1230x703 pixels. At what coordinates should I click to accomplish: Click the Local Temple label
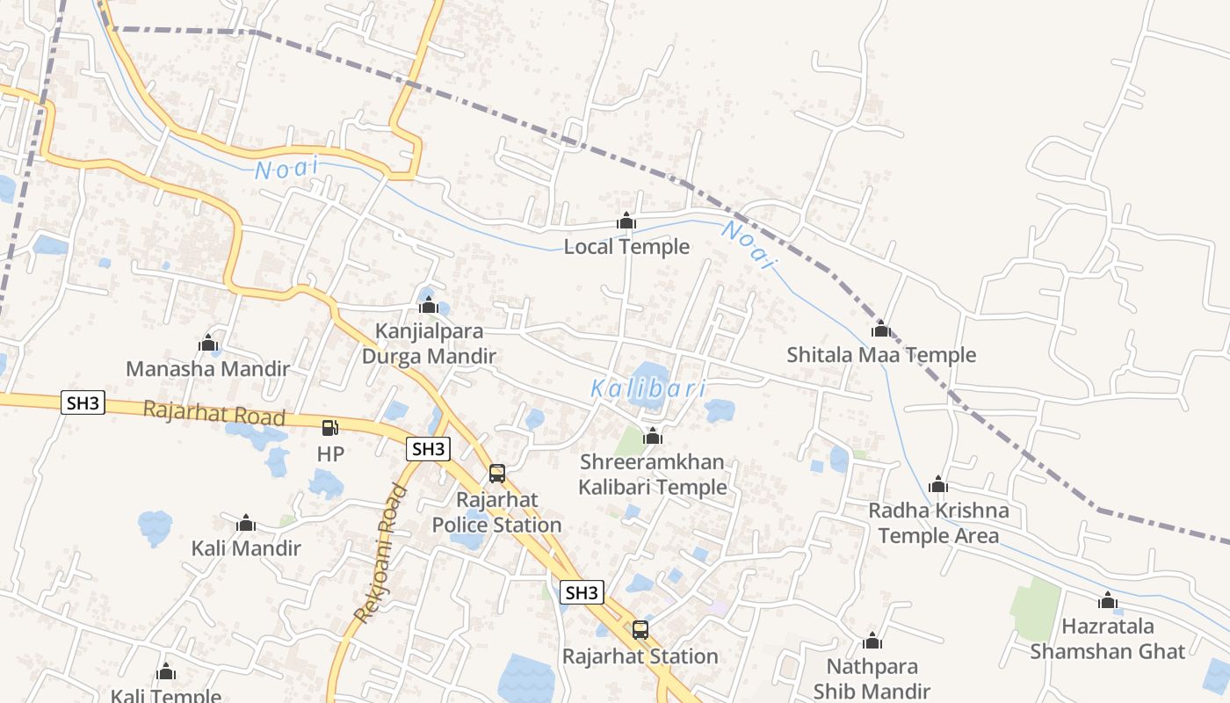click(x=626, y=247)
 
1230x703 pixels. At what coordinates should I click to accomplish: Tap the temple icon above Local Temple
click(x=626, y=221)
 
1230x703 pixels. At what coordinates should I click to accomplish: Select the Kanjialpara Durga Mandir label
click(x=429, y=344)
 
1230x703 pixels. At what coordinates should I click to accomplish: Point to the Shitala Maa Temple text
click(x=881, y=355)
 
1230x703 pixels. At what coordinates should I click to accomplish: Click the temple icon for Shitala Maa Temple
click(x=881, y=330)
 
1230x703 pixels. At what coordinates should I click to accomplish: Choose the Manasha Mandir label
click(x=207, y=368)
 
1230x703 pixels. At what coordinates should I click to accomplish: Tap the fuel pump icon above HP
click(x=330, y=428)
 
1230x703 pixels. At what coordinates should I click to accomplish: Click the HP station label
click(x=330, y=454)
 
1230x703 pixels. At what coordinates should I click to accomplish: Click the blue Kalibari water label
click(x=648, y=388)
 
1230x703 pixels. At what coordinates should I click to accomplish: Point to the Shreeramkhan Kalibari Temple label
click(x=653, y=475)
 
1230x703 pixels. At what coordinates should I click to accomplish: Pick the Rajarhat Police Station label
click(x=496, y=512)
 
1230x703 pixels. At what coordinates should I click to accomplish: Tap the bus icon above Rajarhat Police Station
click(x=497, y=474)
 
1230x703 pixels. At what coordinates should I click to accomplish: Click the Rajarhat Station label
click(x=640, y=656)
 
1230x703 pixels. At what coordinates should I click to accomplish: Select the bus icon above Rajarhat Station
click(x=640, y=630)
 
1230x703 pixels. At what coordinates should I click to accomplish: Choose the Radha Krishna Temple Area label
click(x=938, y=523)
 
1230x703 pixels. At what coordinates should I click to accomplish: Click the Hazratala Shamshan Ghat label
click(x=1108, y=639)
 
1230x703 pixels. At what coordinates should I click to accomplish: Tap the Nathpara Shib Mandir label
click(x=872, y=679)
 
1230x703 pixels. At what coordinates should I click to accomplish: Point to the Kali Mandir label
click(x=246, y=548)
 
